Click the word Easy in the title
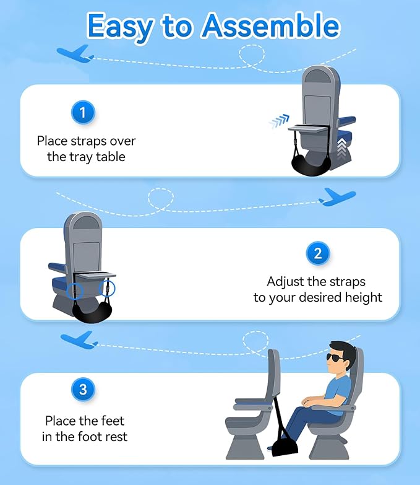point(122,25)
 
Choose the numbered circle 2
point(318,253)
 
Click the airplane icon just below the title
point(75,54)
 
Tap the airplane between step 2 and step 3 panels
point(79,339)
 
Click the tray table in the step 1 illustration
point(315,128)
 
